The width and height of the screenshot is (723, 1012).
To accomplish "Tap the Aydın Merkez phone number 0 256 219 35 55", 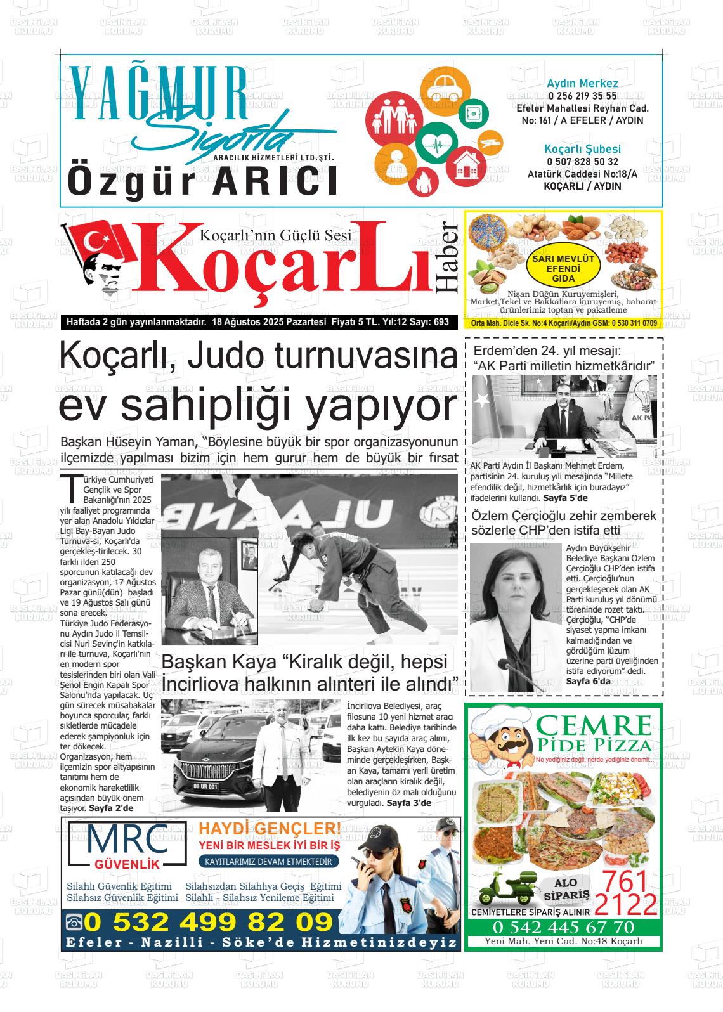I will point(582,96).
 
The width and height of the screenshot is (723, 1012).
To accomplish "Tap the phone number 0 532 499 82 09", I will point(208,921).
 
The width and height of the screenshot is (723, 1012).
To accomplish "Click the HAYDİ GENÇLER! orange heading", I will point(270,829).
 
